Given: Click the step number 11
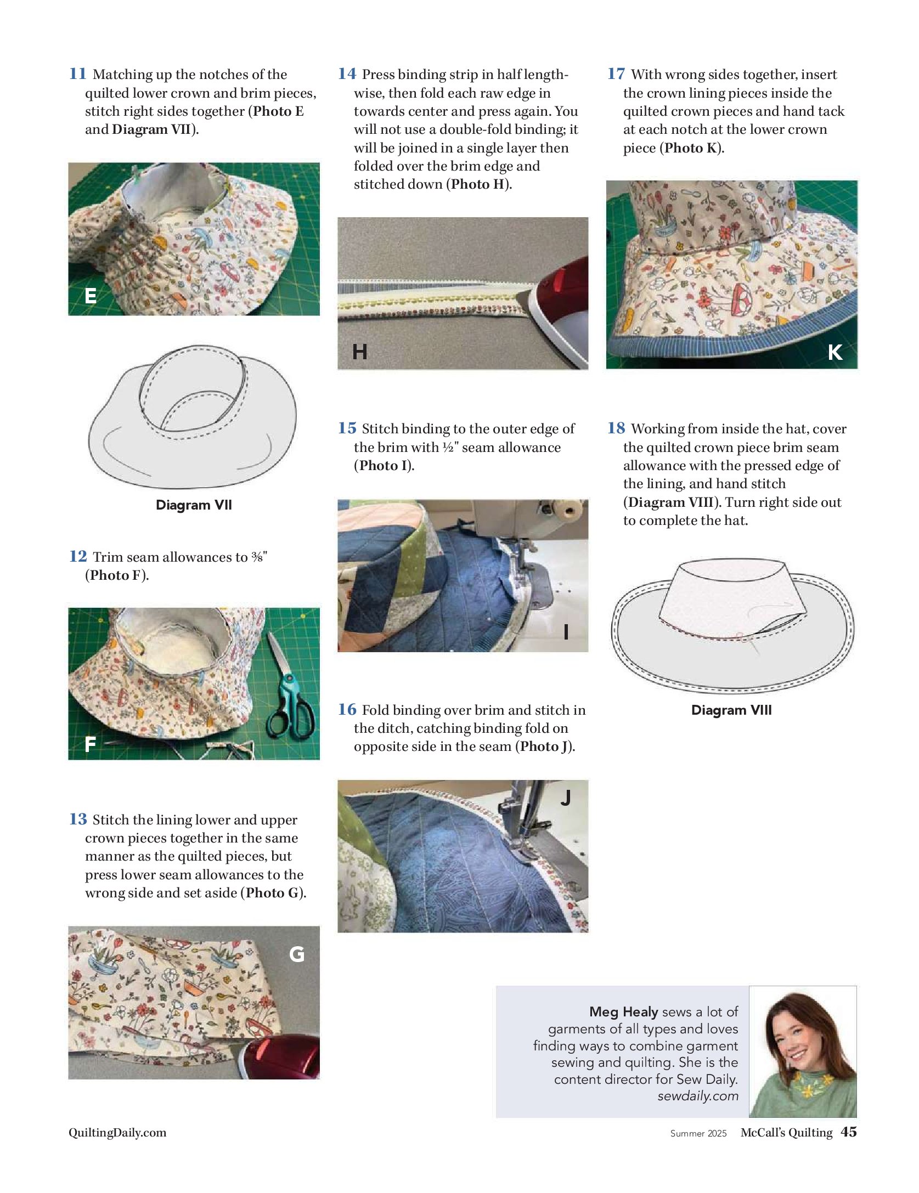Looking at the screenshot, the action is click(77, 73).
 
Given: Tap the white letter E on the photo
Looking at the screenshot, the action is click(91, 296).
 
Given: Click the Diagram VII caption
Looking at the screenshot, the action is click(194, 505).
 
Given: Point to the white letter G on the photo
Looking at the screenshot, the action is click(297, 955).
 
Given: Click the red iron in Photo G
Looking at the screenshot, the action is click(282, 1056).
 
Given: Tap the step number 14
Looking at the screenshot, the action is click(347, 73).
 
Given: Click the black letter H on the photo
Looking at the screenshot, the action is click(360, 352).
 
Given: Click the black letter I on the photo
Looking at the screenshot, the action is click(566, 632).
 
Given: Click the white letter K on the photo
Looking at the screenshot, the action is click(835, 352).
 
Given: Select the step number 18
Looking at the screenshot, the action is click(616, 428).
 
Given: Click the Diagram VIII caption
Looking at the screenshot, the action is click(731, 710).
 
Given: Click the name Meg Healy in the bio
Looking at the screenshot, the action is click(624, 1011).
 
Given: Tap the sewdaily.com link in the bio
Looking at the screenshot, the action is click(698, 1096).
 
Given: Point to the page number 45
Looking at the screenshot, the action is click(849, 1132).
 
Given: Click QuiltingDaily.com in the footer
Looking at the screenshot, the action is click(117, 1133).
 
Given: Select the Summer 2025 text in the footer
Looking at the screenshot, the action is click(698, 1133).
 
